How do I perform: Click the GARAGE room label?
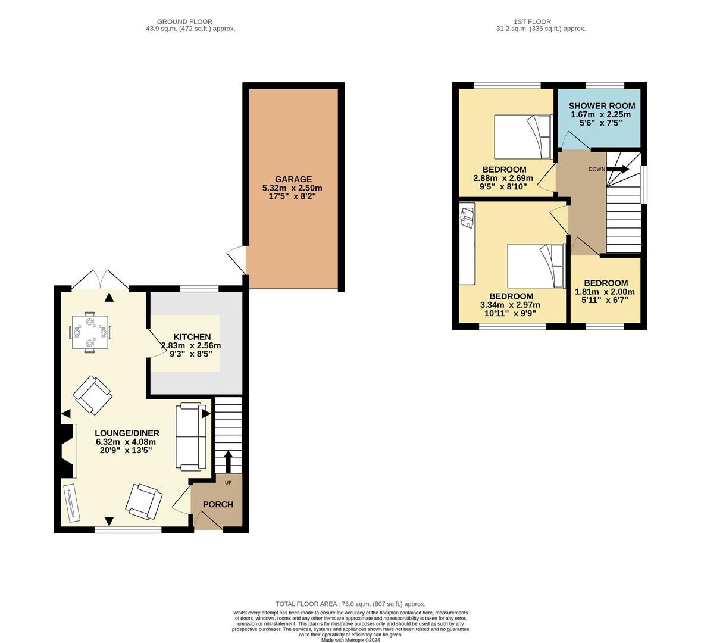click(293, 179)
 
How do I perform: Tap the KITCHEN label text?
click(192, 337)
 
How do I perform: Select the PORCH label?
click(218, 504)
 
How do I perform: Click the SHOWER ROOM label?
click(601, 106)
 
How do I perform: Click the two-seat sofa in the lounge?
click(190, 436)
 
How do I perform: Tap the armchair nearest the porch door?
click(144, 501)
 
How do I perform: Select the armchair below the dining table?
click(92, 395)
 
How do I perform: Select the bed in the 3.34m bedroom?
click(534, 266)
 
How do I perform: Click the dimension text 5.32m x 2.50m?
click(292, 188)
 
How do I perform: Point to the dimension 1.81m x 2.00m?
click(605, 292)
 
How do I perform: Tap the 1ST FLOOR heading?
click(540, 22)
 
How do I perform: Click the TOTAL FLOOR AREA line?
click(350, 604)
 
